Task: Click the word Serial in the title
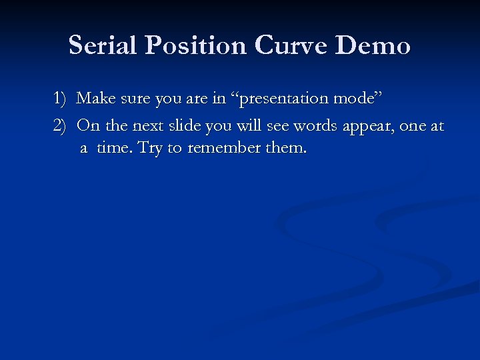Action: (101, 45)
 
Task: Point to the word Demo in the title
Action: (373, 45)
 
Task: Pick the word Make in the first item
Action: (96, 99)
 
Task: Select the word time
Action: (113, 148)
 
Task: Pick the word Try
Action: (149, 148)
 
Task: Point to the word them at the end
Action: (285, 148)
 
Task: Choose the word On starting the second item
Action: (88, 125)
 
